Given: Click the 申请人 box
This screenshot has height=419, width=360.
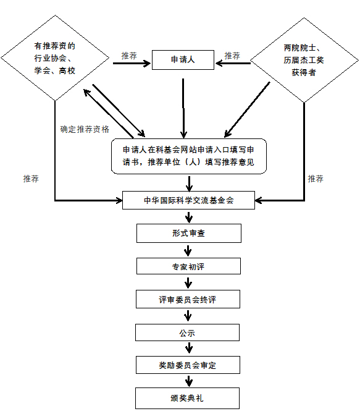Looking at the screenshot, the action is (183, 60).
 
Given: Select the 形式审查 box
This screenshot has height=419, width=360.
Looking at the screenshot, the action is (189, 233).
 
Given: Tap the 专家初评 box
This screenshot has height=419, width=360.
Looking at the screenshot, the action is (188, 266).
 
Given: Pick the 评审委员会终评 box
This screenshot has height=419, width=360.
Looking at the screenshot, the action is (188, 299).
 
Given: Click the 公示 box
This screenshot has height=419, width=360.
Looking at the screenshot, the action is (187, 332).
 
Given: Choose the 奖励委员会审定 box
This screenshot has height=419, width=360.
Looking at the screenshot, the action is (188, 365).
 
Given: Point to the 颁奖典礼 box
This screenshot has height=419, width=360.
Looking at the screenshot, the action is (187, 398).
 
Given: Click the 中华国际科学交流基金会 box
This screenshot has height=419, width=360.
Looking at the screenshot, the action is (188, 200).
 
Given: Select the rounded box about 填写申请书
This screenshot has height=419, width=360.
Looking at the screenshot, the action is (189, 156).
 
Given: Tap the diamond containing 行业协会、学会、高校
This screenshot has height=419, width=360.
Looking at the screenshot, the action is (55, 58).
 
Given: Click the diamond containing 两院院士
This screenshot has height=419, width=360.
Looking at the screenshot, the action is (304, 60).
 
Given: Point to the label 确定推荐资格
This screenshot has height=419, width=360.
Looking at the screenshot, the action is (85, 129).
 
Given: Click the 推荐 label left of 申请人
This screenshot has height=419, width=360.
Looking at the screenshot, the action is (129, 56).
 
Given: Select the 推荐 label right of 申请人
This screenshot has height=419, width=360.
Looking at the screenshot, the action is (232, 56).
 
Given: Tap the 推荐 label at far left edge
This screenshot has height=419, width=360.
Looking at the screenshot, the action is (31, 179).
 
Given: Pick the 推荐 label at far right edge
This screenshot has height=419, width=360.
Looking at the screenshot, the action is (316, 179).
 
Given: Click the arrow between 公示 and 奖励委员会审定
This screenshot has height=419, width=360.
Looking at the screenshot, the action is (189, 348).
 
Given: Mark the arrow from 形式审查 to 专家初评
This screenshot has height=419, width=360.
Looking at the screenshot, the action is (188, 251).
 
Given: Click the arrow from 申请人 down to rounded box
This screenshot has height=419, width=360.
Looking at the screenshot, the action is (183, 108).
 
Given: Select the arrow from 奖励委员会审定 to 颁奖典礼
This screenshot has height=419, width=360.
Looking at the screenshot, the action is (189, 381).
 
